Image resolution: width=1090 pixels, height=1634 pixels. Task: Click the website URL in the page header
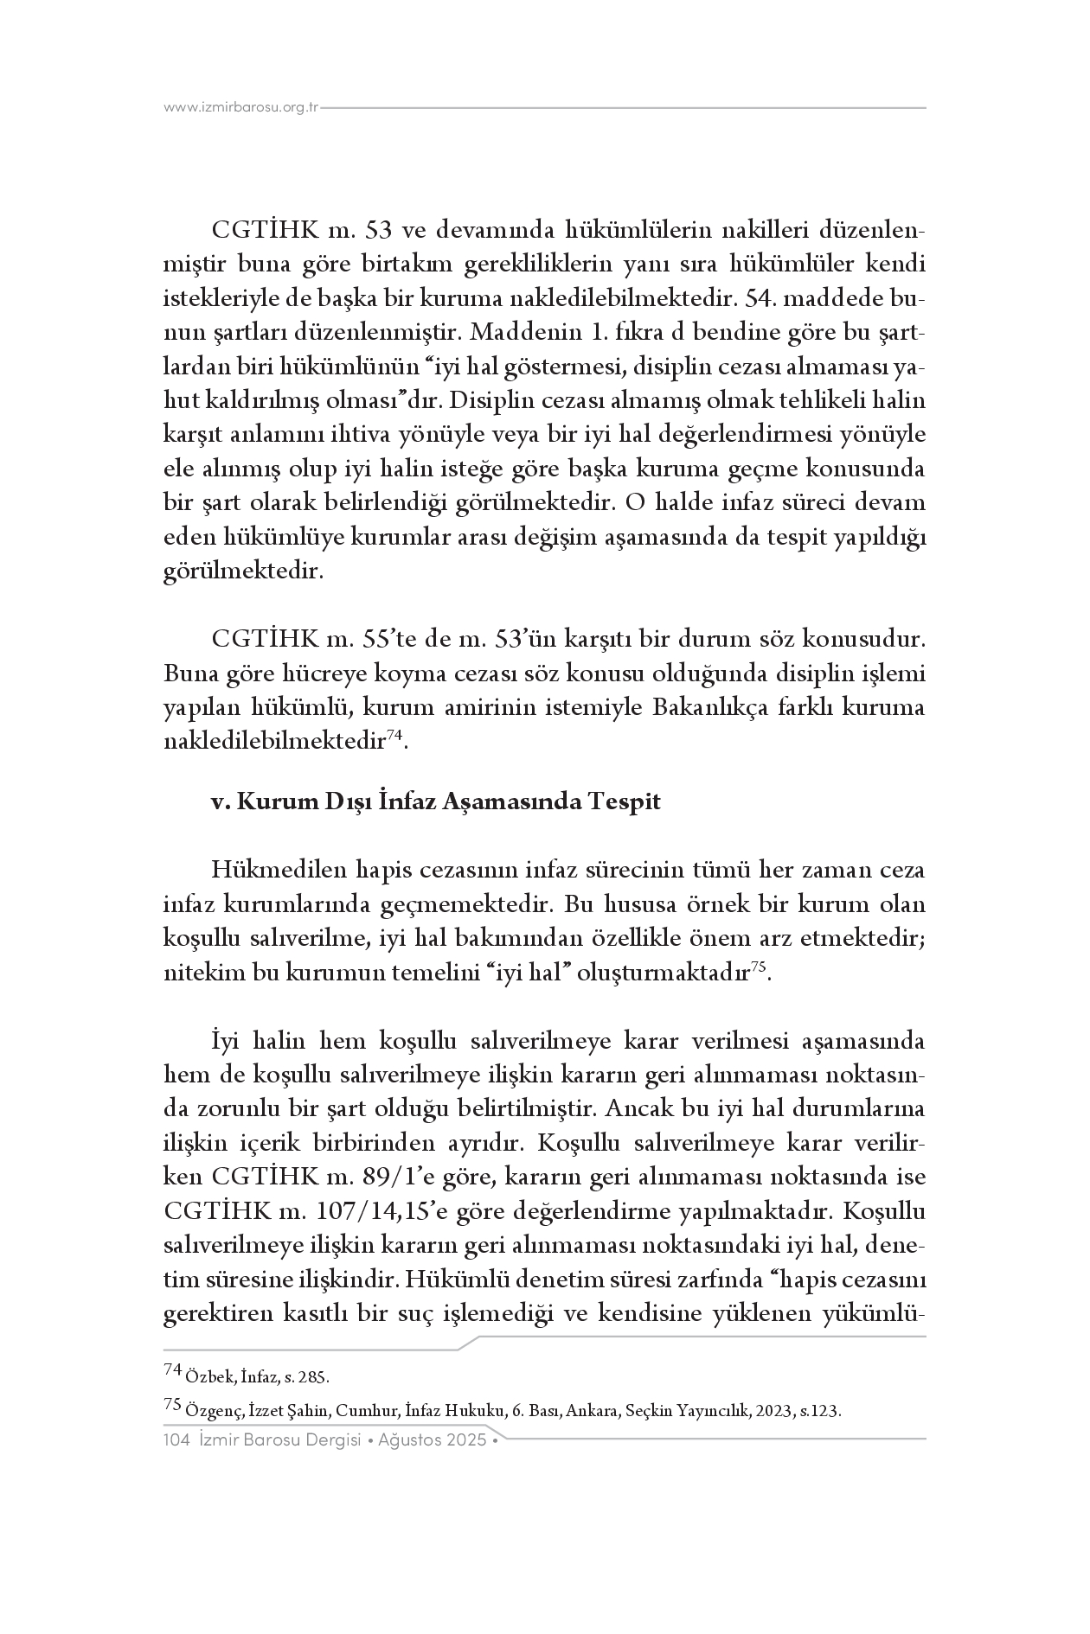click(x=241, y=108)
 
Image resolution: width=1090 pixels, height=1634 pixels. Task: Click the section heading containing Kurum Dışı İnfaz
click(x=436, y=801)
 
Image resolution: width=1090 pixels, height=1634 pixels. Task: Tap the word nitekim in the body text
click(x=199, y=973)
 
